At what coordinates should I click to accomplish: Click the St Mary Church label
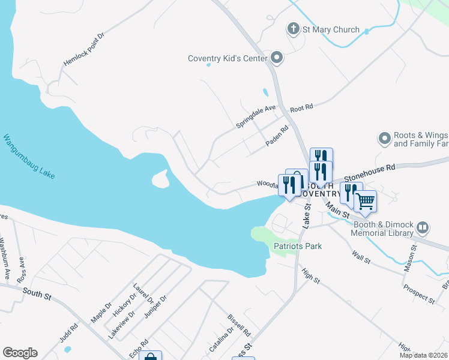tap(331, 29)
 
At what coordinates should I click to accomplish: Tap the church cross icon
tap(294, 29)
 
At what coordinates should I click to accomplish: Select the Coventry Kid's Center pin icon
tap(277, 58)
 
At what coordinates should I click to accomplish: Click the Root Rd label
tap(302, 108)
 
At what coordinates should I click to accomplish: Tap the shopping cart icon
tap(365, 202)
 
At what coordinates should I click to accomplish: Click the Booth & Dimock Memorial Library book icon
tap(423, 227)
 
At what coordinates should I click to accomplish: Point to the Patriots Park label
tap(298, 246)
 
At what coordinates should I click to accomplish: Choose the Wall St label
tap(363, 259)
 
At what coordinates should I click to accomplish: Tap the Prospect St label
tap(419, 292)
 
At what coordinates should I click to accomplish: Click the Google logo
tap(20, 353)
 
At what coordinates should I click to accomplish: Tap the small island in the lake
tap(160, 178)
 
